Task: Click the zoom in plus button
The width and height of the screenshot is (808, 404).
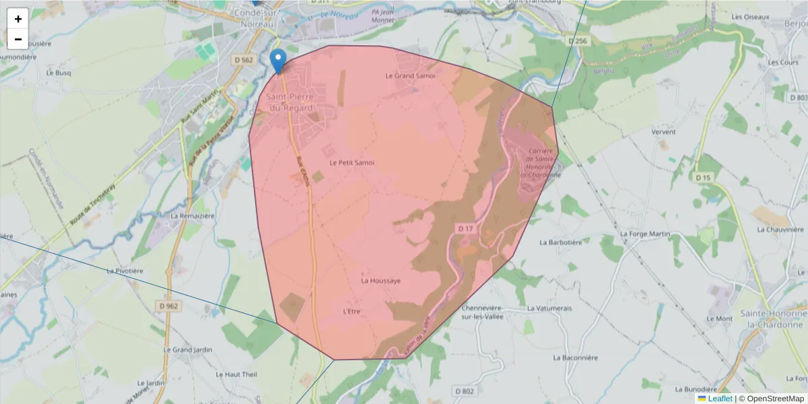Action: point(18,19)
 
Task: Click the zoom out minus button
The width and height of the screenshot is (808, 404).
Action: point(18,39)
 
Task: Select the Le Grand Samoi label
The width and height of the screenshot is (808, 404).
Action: point(410,76)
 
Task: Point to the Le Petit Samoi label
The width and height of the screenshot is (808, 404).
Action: point(351,162)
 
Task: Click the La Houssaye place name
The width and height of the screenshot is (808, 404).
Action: point(381,280)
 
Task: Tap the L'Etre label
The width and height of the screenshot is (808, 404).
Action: point(352,311)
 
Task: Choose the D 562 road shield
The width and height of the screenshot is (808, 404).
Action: point(244,60)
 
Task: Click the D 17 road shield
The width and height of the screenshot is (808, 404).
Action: point(466,229)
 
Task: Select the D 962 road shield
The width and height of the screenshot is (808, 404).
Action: point(170,306)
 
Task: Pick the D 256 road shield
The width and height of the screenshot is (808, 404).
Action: point(578,41)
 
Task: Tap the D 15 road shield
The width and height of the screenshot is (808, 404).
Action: point(703,177)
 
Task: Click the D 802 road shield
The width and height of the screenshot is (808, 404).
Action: point(464,391)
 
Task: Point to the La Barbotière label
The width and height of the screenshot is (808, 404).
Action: point(561,241)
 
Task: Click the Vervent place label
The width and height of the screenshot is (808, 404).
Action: point(663,133)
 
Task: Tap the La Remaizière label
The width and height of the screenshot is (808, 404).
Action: point(193,216)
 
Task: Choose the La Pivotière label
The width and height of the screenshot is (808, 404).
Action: point(125,271)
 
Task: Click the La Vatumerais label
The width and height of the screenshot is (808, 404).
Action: point(549,308)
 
